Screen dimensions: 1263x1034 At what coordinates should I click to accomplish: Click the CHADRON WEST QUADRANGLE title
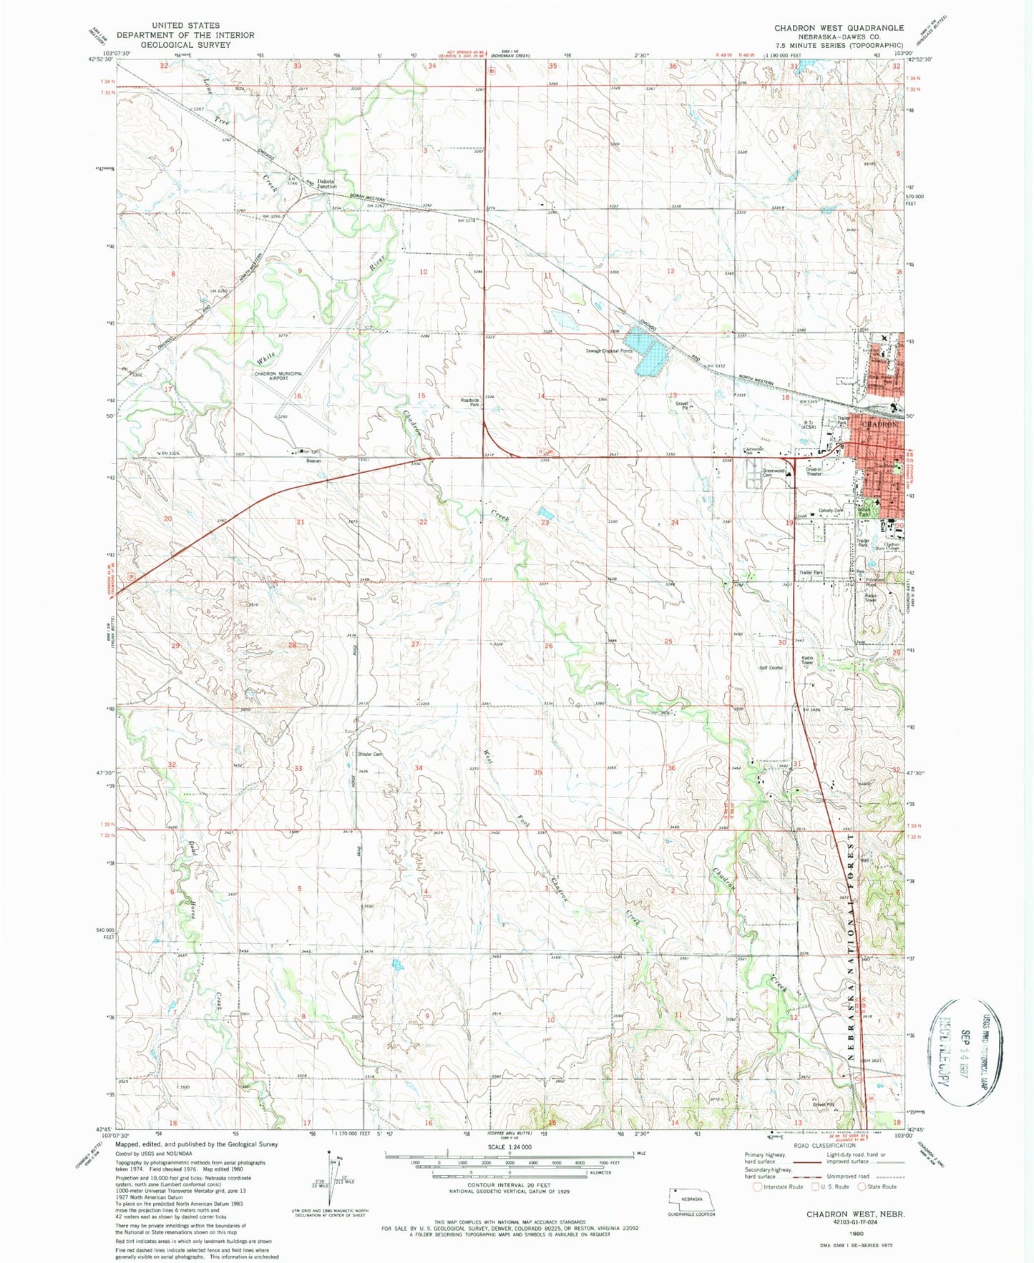coord(839,27)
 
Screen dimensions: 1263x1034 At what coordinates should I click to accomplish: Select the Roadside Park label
coord(469,403)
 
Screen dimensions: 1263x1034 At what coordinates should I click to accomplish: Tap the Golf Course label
coord(771,667)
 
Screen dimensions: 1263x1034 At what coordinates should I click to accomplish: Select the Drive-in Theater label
coord(814,471)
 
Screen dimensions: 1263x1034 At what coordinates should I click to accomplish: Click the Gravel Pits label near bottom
coord(824,1104)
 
